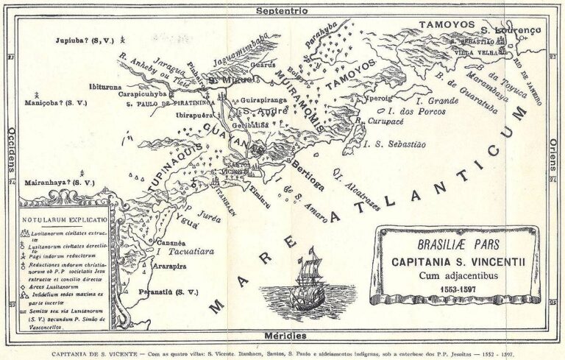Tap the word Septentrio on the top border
(282, 11)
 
